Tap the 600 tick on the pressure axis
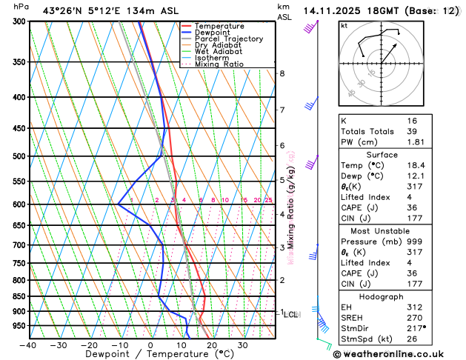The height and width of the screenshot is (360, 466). click(19, 204)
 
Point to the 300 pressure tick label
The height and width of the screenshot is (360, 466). click(19, 21)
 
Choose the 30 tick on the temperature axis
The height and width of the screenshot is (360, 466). click(242, 345)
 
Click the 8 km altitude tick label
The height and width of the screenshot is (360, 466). click(282, 73)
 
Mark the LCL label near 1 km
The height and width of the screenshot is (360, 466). click(292, 315)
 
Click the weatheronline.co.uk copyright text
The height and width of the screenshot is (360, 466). click(397, 353)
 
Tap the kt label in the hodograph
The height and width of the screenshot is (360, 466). click(344, 25)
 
